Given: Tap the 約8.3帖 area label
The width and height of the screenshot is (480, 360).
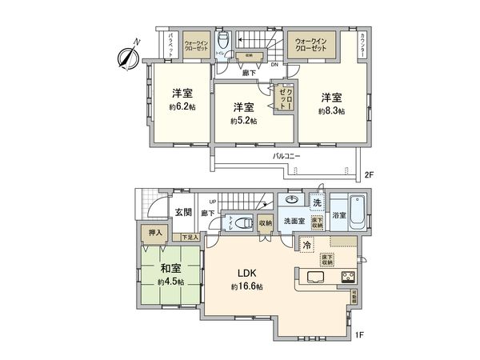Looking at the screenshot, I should (x=330, y=111).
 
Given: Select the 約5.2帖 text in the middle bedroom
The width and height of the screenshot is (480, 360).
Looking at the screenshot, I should (x=242, y=121).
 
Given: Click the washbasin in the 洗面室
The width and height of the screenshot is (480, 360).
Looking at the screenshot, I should (x=293, y=200).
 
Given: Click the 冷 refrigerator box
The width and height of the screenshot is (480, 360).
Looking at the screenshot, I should (x=306, y=244).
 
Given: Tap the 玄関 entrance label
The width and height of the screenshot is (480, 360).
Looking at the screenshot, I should (x=182, y=212).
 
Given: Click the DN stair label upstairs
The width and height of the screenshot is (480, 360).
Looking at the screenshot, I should (x=274, y=65).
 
